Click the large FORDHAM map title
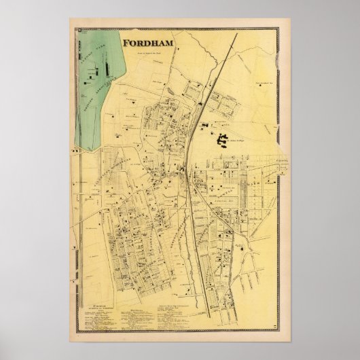point(146,45)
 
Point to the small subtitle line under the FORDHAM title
point(146,53)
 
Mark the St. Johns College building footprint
point(222,141)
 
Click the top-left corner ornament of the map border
point(79,31)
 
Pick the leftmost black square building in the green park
point(86,77)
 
